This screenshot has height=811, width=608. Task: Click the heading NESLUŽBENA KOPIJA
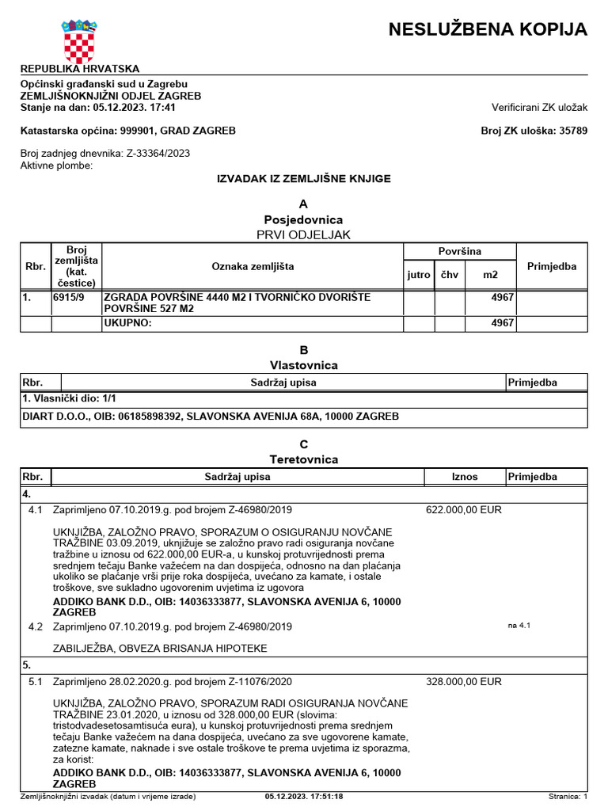(x=488, y=30)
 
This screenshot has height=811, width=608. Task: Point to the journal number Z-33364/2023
(x=158, y=153)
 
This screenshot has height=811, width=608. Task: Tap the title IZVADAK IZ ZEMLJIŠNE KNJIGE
(x=304, y=179)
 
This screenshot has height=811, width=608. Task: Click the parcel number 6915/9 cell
(x=69, y=298)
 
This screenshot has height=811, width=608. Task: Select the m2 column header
(x=491, y=275)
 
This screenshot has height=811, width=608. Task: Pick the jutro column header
(x=419, y=275)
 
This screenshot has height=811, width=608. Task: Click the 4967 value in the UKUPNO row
(x=502, y=323)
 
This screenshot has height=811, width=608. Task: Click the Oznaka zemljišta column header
(x=253, y=267)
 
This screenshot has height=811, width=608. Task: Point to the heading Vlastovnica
(x=304, y=365)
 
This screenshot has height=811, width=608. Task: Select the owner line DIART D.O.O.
(x=210, y=416)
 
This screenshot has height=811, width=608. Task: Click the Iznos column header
(x=465, y=477)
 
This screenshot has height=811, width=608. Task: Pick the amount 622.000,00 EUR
(x=464, y=509)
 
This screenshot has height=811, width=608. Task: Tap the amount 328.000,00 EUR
(x=464, y=681)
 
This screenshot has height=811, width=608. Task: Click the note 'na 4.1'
(x=519, y=626)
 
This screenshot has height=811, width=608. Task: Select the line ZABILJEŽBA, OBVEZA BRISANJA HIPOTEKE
(x=159, y=648)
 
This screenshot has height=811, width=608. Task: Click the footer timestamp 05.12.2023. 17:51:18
(x=304, y=797)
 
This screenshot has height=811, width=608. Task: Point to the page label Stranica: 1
(x=568, y=797)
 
